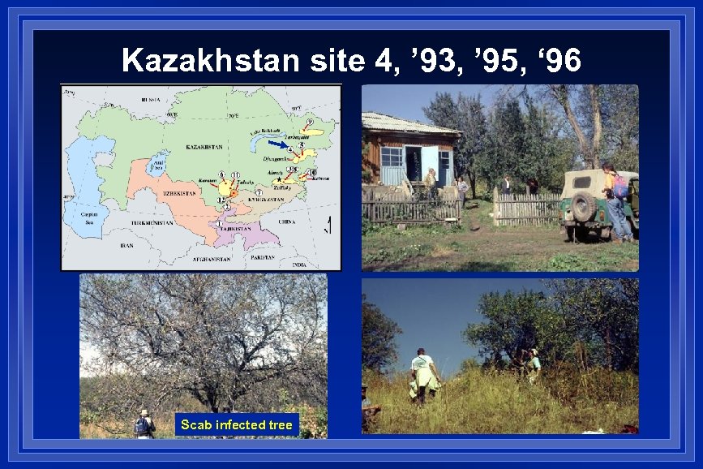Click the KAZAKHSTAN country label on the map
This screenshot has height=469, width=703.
click(204, 148)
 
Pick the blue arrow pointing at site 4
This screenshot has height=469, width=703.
click(278, 146)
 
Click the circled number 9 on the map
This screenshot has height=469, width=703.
click(309, 121)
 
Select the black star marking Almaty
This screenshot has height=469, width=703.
click(279, 179)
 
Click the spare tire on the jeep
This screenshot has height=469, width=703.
click(584, 207)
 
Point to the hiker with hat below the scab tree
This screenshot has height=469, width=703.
click(144, 424)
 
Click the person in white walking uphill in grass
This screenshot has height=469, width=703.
click(422, 374)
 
